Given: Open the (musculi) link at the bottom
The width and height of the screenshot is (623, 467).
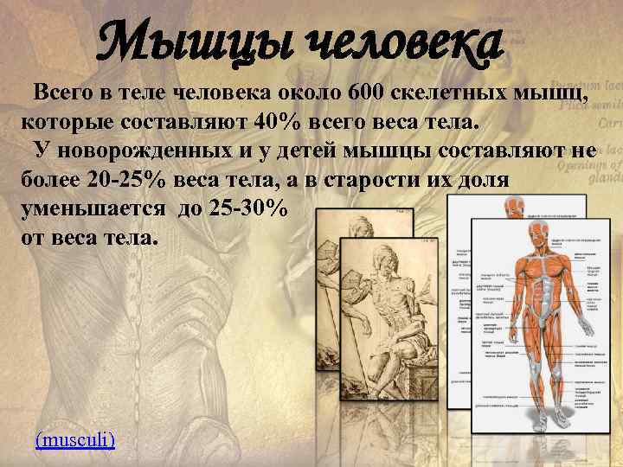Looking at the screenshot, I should pyautogui.click(x=75, y=439).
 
